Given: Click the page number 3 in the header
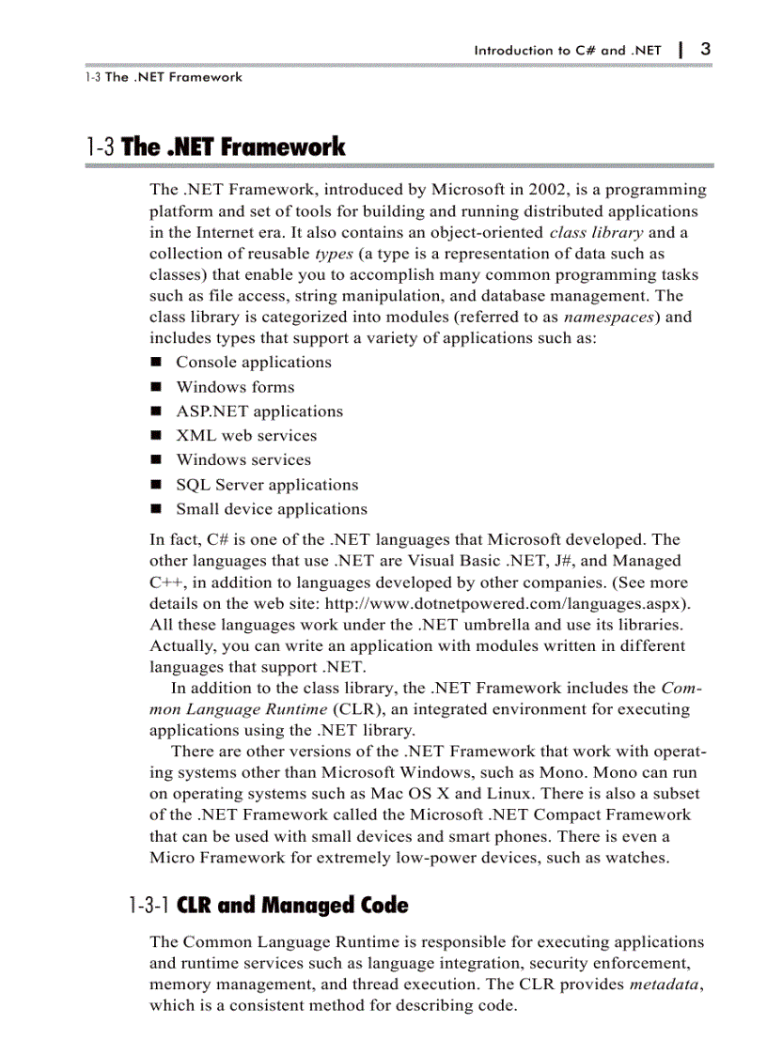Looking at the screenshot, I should [705, 49].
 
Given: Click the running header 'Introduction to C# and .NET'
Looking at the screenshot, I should [568, 51].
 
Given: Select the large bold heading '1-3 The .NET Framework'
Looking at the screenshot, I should [215, 147].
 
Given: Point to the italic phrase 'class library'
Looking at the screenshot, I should [596, 232].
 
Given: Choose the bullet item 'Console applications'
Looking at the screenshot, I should [254, 362].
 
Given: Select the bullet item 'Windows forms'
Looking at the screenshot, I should [235, 386].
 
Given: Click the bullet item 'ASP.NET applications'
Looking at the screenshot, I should [259, 411].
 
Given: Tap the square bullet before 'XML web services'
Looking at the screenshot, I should [156, 436].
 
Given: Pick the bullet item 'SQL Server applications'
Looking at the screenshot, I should [267, 485].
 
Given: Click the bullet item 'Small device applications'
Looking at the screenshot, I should [272, 509].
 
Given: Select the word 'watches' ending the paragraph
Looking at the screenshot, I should [637, 857].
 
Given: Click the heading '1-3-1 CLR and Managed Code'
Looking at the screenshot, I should [269, 907].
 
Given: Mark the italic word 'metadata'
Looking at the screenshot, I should [665, 985].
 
